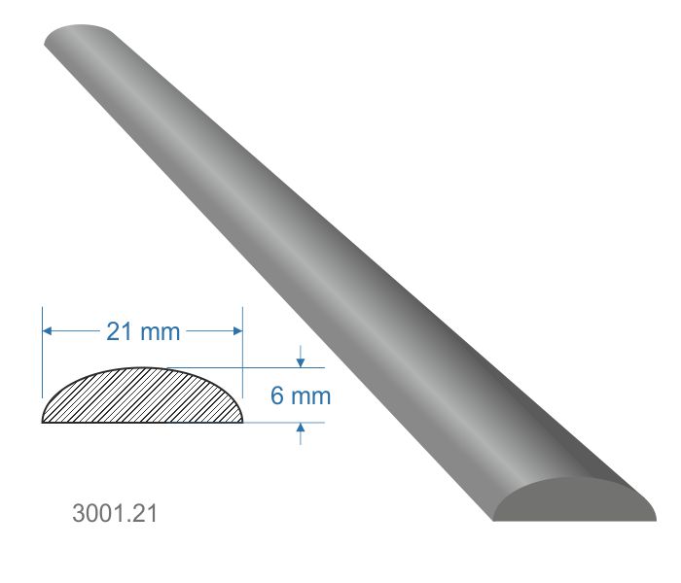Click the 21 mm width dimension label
click(143, 331)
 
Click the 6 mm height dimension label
click(301, 395)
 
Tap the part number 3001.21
click(114, 512)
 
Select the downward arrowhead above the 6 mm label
click(301, 361)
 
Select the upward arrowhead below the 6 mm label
click(301, 429)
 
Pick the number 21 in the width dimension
click(119, 331)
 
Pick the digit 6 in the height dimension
click(277, 395)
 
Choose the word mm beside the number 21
click(161, 331)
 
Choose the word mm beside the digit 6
click(312, 395)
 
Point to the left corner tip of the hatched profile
click(43, 422)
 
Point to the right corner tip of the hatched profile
click(242, 422)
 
